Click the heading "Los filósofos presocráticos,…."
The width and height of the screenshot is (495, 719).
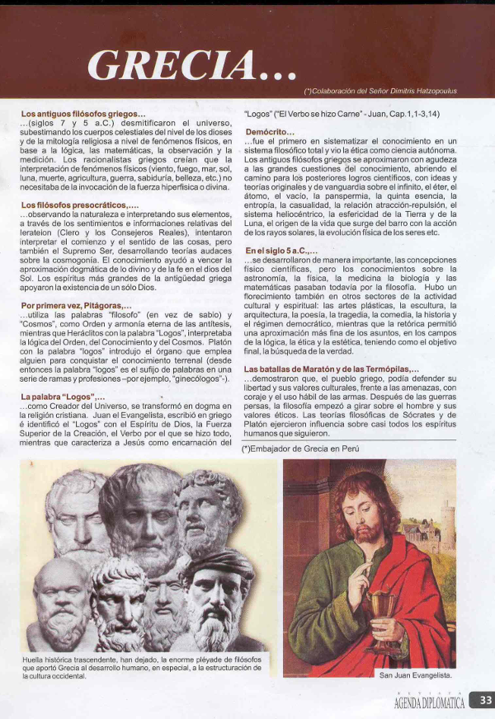[80, 204]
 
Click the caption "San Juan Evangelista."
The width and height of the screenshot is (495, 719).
[416, 674]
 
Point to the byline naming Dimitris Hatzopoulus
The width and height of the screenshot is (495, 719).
[380, 91]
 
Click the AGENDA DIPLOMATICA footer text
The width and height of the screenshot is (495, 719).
[429, 703]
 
